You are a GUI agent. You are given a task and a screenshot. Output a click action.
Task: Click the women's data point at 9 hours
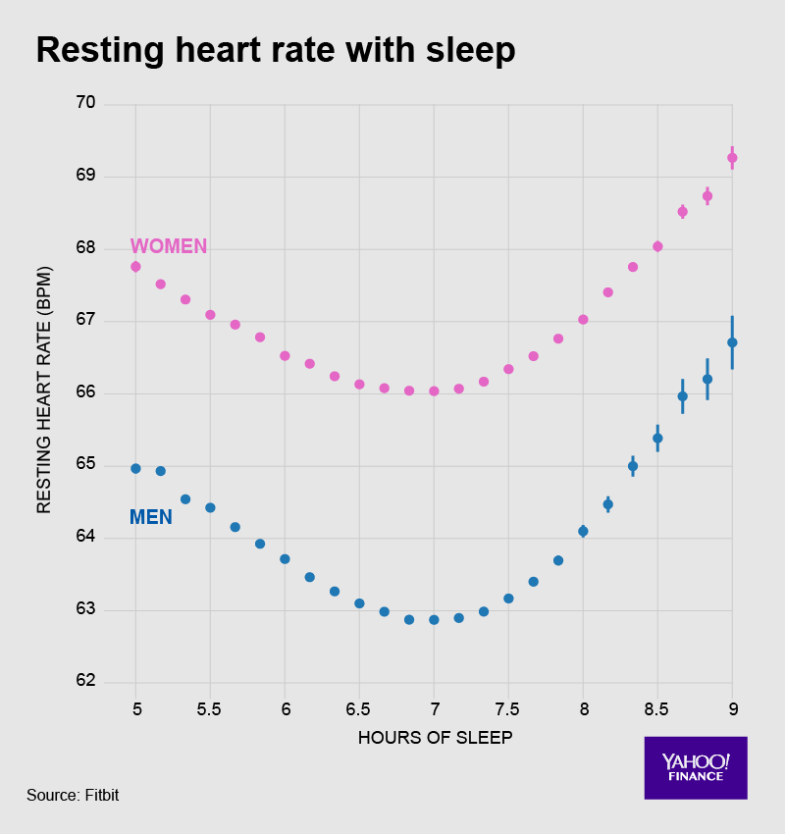(x=732, y=158)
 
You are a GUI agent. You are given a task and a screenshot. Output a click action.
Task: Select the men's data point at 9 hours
(x=732, y=342)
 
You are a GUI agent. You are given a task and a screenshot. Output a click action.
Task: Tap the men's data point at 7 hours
(x=434, y=620)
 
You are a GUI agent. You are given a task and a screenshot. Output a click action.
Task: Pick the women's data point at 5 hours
(x=135, y=267)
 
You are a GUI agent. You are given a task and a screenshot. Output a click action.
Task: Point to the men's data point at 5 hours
(x=135, y=469)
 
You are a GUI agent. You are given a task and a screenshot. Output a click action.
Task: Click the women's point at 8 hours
(x=583, y=320)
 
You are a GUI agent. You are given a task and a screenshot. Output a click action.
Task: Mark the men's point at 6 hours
(x=285, y=559)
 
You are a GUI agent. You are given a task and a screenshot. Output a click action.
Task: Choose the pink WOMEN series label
(x=169, y=246)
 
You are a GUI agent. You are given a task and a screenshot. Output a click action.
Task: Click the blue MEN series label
(x=151, y=517)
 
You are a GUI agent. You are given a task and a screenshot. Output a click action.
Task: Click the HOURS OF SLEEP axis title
(x=435, y=738)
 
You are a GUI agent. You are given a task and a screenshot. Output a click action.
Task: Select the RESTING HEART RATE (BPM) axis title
(x=44, y=393)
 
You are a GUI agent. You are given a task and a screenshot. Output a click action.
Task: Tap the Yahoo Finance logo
(x=696, y=767)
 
